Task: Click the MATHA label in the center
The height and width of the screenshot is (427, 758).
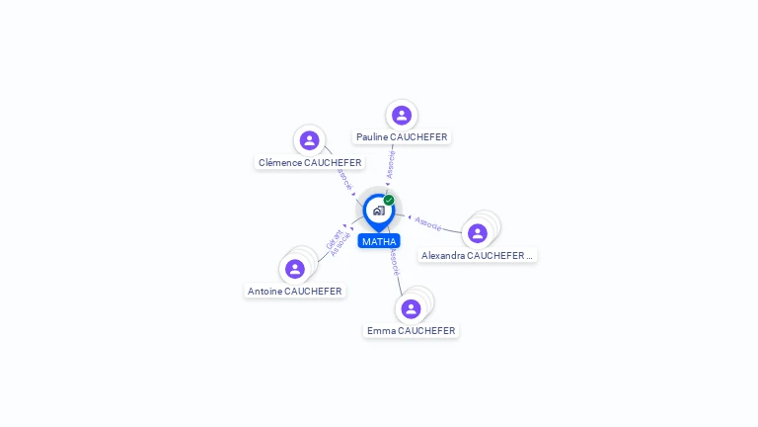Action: point(379,241)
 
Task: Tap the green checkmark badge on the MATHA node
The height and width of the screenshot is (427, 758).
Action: point(389,201)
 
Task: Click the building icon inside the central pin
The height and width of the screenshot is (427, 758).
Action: point(378,211)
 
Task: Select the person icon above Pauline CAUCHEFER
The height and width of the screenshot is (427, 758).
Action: point(402,115)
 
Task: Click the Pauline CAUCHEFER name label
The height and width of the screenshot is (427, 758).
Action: point(402,137)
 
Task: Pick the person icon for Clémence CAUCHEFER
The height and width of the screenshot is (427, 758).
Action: point(310,140)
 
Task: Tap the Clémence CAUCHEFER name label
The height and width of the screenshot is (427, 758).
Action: point(310,162)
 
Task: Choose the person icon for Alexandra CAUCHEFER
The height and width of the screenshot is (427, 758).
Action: point(478,233)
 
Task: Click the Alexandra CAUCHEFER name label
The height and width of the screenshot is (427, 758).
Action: point(477,255)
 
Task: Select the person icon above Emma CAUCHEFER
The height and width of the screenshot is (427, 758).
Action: point(412,308)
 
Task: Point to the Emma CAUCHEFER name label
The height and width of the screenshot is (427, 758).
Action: point(411,330)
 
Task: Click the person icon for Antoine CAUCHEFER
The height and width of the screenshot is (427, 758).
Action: point(294,269)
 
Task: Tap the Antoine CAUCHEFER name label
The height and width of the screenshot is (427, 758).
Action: point(295,292)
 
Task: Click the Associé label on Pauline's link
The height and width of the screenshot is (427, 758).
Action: point(392,164)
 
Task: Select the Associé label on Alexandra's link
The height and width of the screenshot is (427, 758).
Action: point(428,223)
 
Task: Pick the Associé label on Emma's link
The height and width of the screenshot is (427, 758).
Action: point(395,262)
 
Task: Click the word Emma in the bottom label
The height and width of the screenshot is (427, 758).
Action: point(381,330)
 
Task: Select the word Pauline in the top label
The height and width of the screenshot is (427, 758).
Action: point(372,137)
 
